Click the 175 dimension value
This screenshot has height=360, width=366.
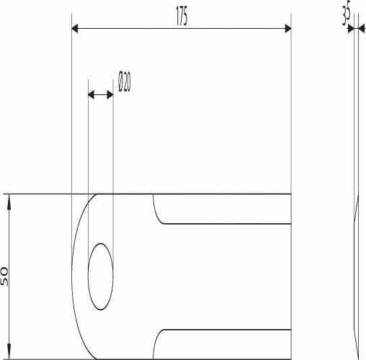(x=182, y=16)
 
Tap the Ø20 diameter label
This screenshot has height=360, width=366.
(x=125, y=81)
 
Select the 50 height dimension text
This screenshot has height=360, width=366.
(x=4, y=276)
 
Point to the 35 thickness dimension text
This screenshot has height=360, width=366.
(x=347, y=15)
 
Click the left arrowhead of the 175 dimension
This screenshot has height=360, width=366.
(x=75, y=29)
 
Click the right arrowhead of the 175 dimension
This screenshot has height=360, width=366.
(x=288, y=29)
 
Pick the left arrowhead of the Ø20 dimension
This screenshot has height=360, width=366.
(x=91, y=95)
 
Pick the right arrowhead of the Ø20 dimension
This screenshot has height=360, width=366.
(x=110, y=95)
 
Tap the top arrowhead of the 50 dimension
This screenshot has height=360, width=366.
(x=9, y=201)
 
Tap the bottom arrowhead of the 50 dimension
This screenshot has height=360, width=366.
(x=9, y=352)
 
